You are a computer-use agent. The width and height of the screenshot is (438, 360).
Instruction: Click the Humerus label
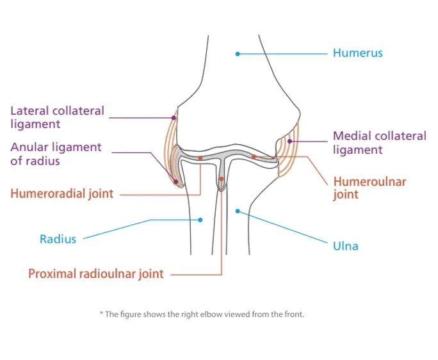[x=357, y=53]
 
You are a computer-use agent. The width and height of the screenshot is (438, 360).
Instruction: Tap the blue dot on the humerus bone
[x=238, y=54]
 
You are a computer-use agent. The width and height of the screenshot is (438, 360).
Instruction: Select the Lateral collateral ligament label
[x=57, y=117]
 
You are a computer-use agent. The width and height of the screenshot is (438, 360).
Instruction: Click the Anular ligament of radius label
[x=56, y=154]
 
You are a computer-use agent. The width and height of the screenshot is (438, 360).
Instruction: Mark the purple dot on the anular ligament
[x=174, y=181]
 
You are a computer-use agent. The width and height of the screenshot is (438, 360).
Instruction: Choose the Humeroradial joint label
[x=62, y=192]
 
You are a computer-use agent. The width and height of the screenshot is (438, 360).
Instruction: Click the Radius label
[x=58, y=240]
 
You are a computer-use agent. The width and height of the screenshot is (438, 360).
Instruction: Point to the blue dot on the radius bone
[x=200, y=220]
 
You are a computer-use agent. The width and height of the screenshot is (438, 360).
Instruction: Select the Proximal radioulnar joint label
[x=96, y=274]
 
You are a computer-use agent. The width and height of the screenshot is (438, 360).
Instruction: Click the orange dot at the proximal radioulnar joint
[x=221, y=179]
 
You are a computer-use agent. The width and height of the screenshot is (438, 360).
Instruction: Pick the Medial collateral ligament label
[x=379, y=143]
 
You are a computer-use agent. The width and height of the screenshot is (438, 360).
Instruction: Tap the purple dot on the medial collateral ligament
[x=290, y=141]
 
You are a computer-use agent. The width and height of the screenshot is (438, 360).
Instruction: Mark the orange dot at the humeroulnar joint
[x=254, y=156]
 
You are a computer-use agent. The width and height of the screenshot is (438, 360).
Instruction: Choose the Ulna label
[x=346, y=245]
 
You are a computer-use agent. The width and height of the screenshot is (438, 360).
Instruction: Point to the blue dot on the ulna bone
[x=237, y=209]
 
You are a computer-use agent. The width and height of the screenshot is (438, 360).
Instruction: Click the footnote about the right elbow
[x=202, y=315]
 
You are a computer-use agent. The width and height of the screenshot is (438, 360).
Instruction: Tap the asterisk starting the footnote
[x=101, y=314]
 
